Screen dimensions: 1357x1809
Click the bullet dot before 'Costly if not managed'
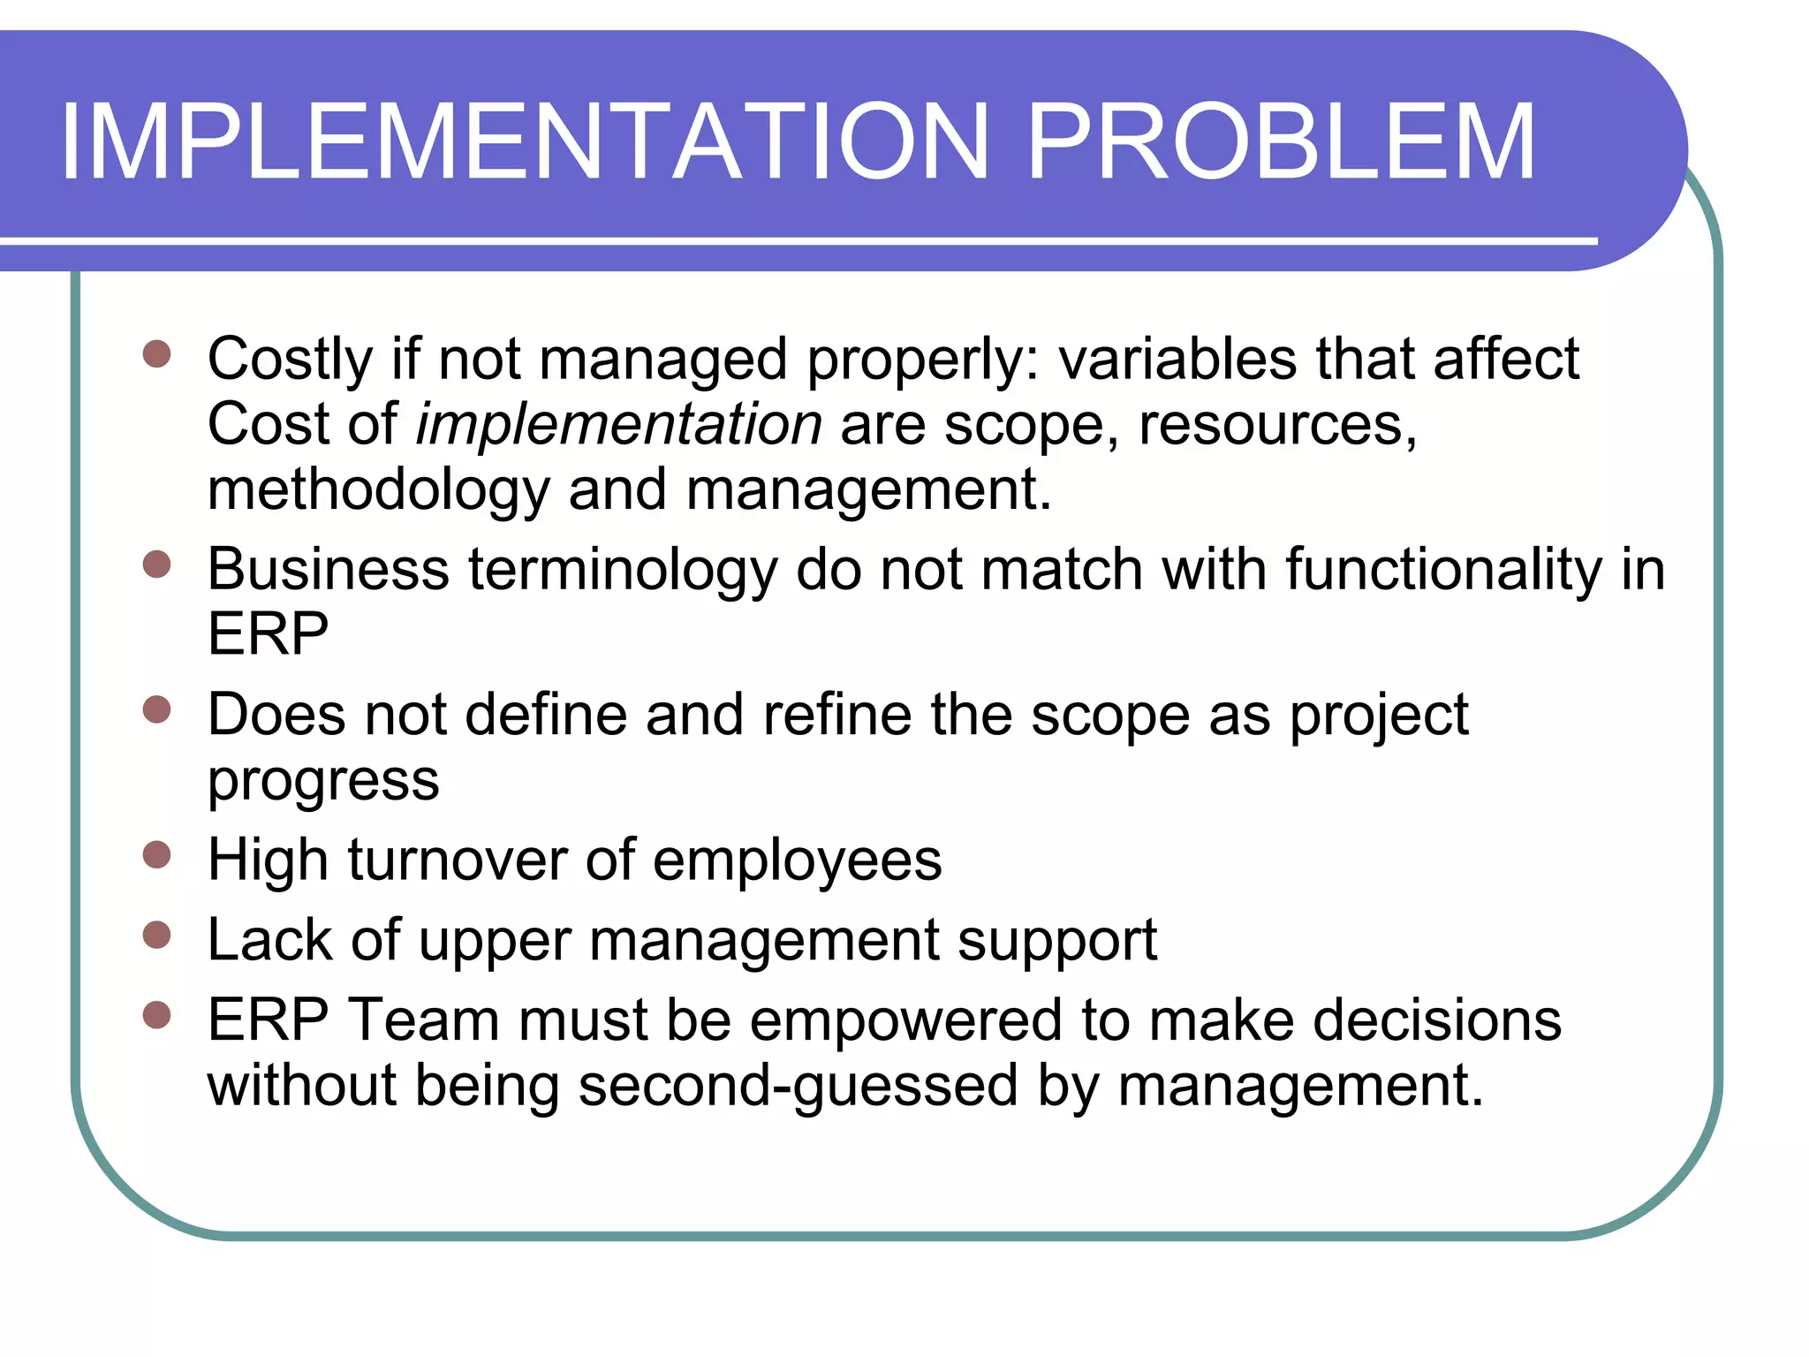pyautogui.click(x=156, y=354)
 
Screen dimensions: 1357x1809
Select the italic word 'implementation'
pyautogui.click(x=619, y=425)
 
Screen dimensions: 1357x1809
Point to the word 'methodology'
pyautogui.click(x=378, y=491)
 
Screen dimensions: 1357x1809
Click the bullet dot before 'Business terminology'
pyautogui.click(x=156, y=564)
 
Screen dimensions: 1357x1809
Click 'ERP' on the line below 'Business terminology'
pyautogui.click(x=268, y=633)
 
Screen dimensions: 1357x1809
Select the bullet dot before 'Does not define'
pyautogui.click(x=156, y=709)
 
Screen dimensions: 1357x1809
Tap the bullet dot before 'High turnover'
pyautogui.click(x=156, y=854)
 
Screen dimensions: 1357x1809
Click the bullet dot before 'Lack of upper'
pyautogui.click(x=156, y=934)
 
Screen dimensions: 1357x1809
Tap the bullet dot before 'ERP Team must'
pyautogui.click(x=156, y=1015)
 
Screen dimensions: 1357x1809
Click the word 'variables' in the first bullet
pyautogui.click(x=1177, y=360)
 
